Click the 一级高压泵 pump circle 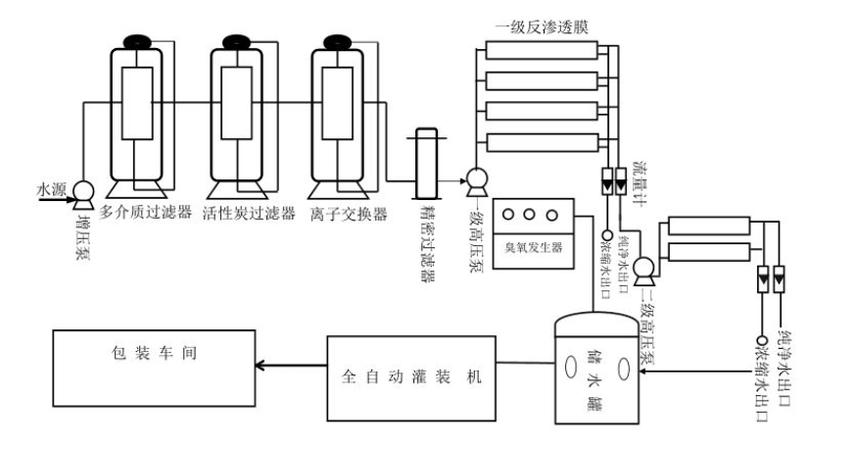pyautogui.click(x=476, y=179)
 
